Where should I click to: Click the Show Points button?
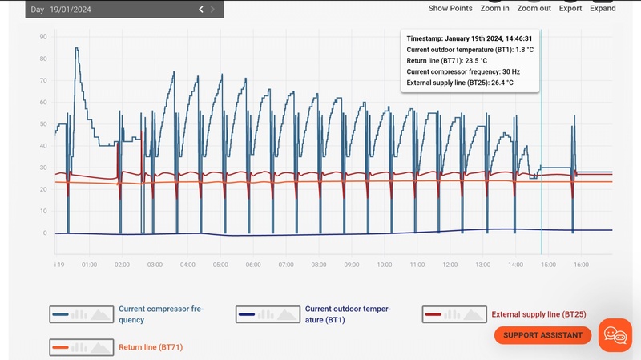pyautogui.click(x=450, y=8)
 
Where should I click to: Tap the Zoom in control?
pyautogui.click(x=494, y=8)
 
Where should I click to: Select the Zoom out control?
pyautogui.click(x=534, y=8)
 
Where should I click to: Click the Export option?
pyautogui.click(x=570, y=8)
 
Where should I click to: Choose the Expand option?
pyautogui.click(x=603, y=8)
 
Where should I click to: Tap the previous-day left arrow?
pyautogui.click(x=201, y=9)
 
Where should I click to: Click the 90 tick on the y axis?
pyautogui.click(x=42, y=37)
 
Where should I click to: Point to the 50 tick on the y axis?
pyautogui.click(x=42, y=124)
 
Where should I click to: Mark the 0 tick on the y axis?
pyautogui.click(x=44, y=233)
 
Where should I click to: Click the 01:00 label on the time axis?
pyautogui.click(x=89, y=265)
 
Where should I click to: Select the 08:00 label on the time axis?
pyautogui.click(x=318, y=265)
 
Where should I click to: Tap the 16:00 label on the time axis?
pyautogui.click(x=581, y=265)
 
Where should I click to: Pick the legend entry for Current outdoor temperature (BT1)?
pyautogui.click(x=348, y=313)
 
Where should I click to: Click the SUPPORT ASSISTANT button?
pyautogui.click(x=542, y=335)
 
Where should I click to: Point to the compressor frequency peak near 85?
pyautogui.click(x=77, y=48)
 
